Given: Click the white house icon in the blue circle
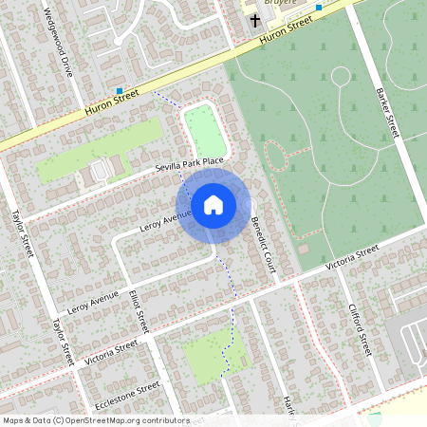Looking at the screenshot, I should pos(213,205).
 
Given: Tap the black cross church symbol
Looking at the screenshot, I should pos(254,20).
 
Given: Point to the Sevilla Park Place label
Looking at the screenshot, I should pos(190,165).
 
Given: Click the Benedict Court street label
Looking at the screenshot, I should pos(263,243).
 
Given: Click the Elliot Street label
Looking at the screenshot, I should pos(139,310).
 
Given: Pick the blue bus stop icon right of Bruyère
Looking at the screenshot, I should pos(319,8).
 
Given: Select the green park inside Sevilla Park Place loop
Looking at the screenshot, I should pos(201,131).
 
